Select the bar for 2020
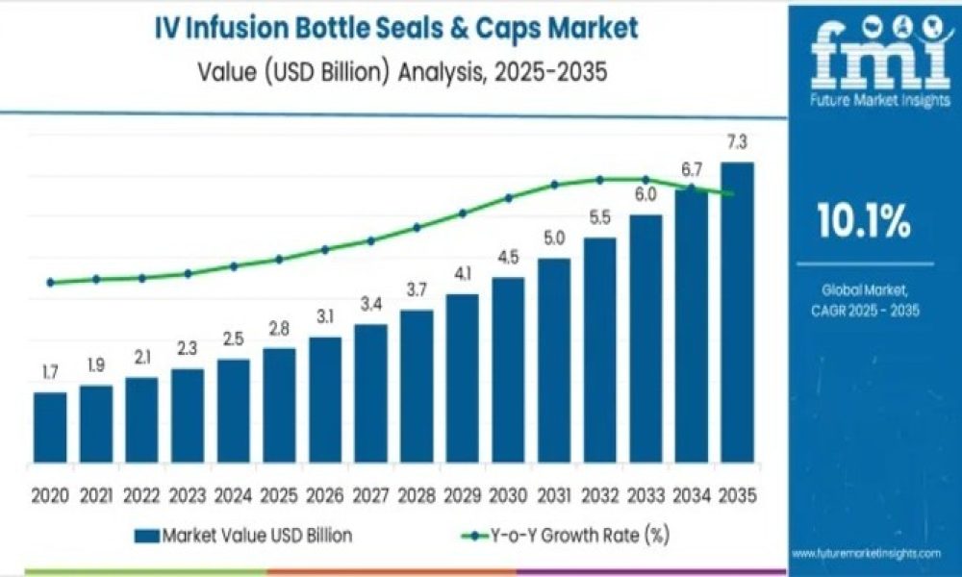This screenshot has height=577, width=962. [x=50, y=428]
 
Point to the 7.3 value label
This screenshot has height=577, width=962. [x=738, y=143]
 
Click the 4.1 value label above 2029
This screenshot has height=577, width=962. [x=462, y=274]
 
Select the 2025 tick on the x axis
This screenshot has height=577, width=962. [x=279, y=496]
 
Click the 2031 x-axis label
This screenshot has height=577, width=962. [x=554, y=496]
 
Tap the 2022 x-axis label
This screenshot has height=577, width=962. [x=141, y=496]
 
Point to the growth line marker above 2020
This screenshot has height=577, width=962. [x=50, y=283]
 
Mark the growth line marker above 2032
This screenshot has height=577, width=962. [x=599, y=179]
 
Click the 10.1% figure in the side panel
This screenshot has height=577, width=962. [x=863, y=222]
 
